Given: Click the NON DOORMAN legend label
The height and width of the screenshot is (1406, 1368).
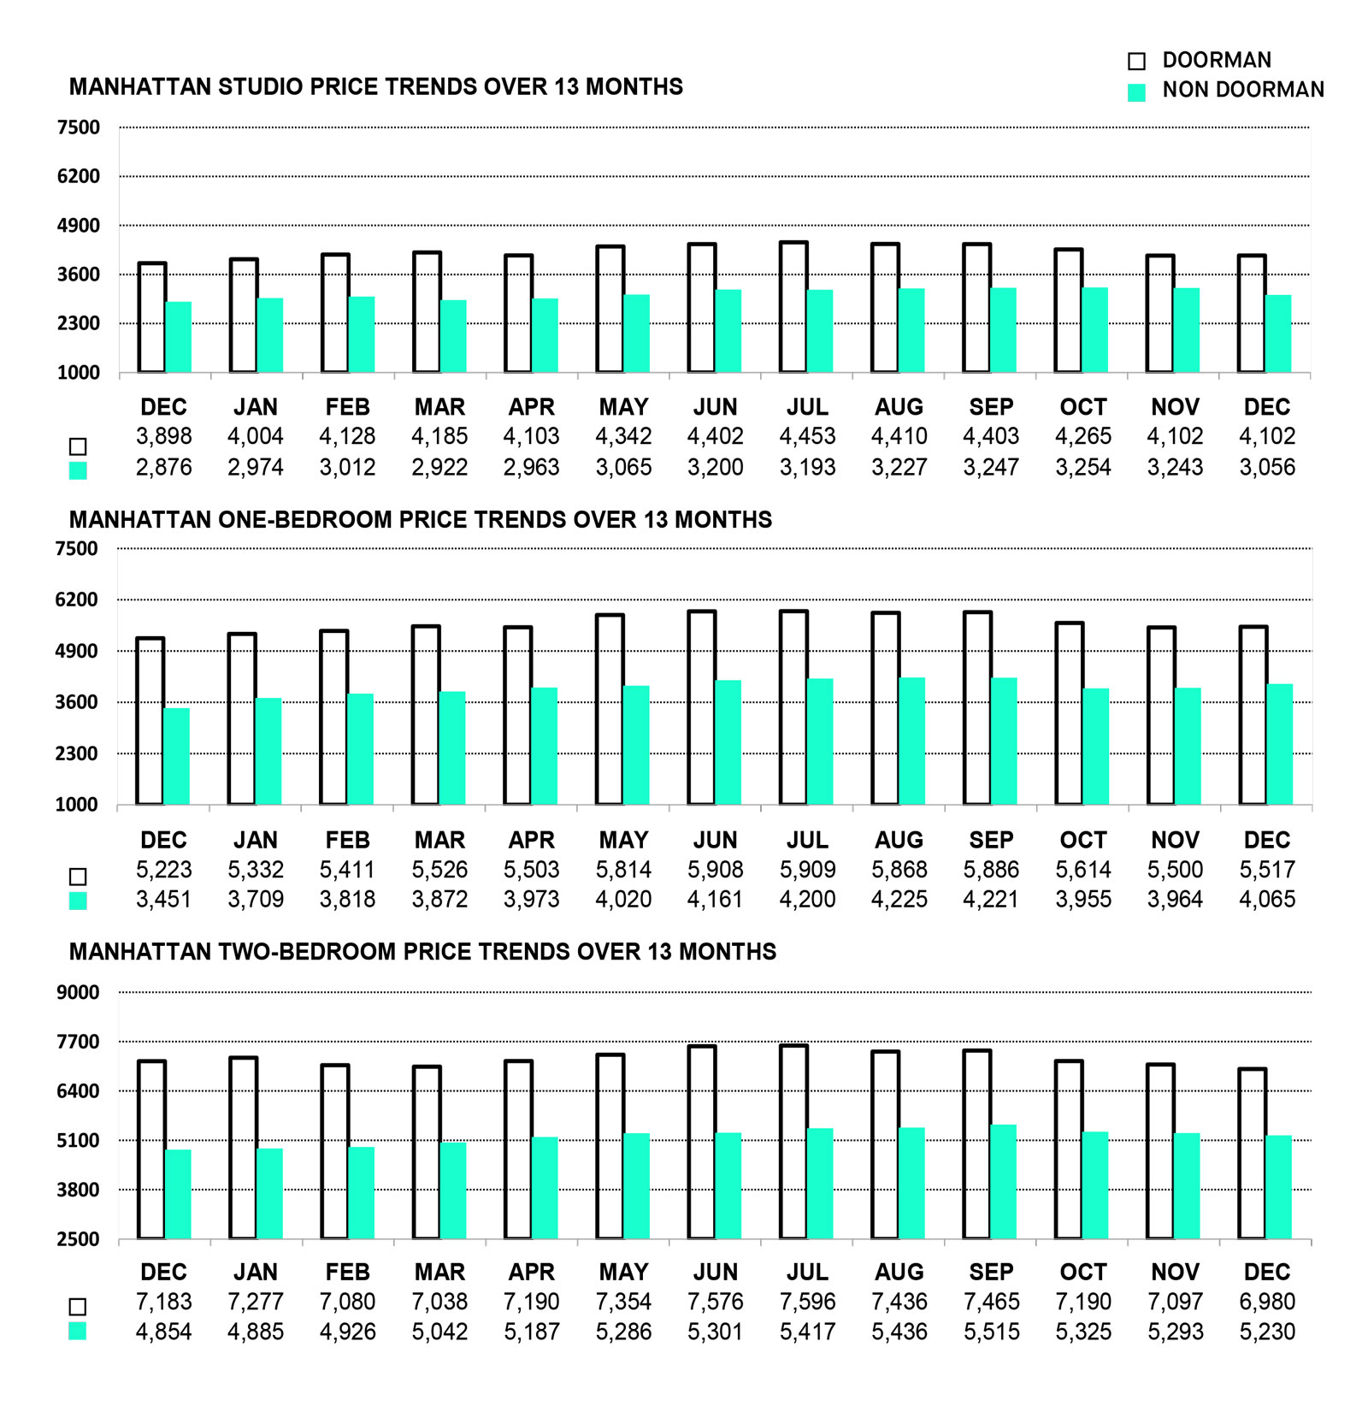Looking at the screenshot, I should click(x=1242, y=90).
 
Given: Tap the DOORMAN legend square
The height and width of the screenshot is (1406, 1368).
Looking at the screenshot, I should click(x=1136, y=61).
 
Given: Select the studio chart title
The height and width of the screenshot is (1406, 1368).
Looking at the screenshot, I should click(x=376, y=87).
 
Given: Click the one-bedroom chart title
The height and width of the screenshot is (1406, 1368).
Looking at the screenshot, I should click(x=420, y=520).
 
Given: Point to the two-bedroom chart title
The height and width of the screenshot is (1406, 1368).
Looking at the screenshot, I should click(x=422, y=952).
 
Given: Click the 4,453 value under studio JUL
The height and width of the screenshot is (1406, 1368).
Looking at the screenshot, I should click(x=807, y=436).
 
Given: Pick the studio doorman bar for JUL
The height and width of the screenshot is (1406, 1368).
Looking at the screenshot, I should click(x=793, y=308).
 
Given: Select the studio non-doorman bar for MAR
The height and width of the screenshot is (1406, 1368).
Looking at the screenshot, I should click(x=453, y=336).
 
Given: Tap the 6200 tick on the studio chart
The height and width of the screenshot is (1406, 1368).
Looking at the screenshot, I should click(x=78, y=176).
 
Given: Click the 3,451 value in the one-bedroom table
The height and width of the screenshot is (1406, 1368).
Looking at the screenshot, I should click(x=163, y=900).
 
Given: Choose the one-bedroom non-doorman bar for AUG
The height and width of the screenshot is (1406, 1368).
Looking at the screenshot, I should click(x=911, y=741).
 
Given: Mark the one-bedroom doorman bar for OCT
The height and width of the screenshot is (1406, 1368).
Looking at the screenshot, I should click(x=1070, y=713).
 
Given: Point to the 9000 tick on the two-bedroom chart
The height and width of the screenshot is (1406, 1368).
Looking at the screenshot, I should click(x=78, y=992).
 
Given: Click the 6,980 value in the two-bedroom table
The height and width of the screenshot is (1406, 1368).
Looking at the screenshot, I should click(x=1267, y=1302).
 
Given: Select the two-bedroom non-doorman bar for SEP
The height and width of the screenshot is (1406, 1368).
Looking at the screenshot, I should click(x=1003, y=1182).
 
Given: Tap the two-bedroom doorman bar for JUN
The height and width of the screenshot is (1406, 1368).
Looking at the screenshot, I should click(x=702, y=1142).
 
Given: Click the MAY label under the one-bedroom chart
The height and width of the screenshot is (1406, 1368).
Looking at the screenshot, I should click(x=623, y=840).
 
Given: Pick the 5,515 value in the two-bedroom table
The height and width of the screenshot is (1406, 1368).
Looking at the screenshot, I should click(x=991, y=1332).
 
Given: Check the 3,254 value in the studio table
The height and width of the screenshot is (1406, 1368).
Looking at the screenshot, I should click(x=1083, y=467).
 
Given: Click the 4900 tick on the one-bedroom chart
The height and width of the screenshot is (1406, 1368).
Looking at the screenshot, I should click(x=76, y=651).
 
